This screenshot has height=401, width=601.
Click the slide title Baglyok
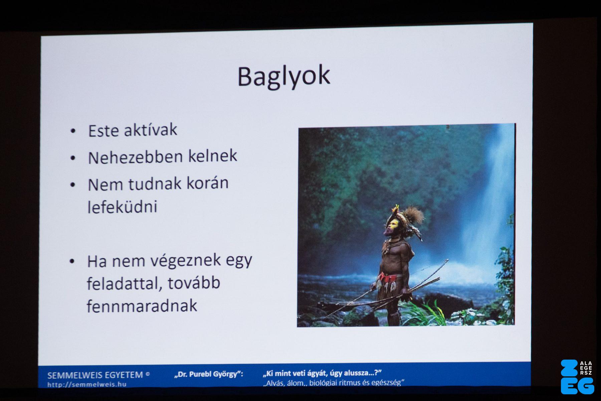284,77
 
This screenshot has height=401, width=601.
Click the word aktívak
150,130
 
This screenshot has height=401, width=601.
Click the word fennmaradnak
142,306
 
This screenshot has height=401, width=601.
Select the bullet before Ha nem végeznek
72,262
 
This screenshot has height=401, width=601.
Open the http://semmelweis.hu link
87,384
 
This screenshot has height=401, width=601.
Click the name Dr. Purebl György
209,374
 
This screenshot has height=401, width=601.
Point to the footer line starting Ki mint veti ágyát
322,373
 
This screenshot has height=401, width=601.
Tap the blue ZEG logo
577,377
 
